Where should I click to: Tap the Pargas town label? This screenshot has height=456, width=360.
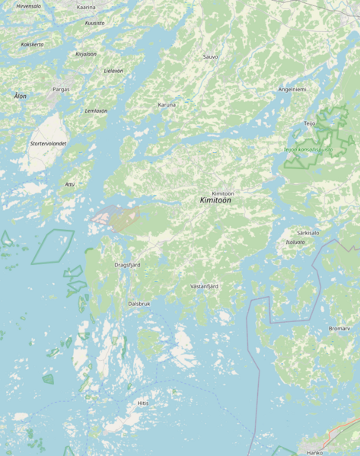click(61, 89)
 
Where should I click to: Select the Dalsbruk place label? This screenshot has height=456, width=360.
click(139, 303)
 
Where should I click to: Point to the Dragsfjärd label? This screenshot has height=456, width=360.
click(127, 265)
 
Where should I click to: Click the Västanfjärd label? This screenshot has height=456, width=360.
click(204, 286)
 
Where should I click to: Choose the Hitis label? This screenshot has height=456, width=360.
click(143, 403)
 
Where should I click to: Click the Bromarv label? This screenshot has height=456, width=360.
click(339, 328)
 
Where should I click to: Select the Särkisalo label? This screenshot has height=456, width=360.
click(308, 233)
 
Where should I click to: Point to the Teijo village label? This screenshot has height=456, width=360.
click(310, 123)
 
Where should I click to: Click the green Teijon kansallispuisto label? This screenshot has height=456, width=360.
click(308, 149)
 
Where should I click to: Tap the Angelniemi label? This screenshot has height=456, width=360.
click(292, 89)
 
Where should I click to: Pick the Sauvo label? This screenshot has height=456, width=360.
click(211, 57)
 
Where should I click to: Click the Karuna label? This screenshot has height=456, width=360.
click(167, 104)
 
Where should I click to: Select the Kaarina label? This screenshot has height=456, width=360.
click(86, 7)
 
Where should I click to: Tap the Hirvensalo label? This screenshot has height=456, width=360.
click(28, 6)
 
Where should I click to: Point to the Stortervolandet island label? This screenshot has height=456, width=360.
click(48, 143)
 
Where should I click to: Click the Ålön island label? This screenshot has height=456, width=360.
click(20, 96)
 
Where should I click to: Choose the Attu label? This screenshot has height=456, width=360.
click(70, 183)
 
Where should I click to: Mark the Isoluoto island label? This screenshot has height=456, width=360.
click(295, 242)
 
